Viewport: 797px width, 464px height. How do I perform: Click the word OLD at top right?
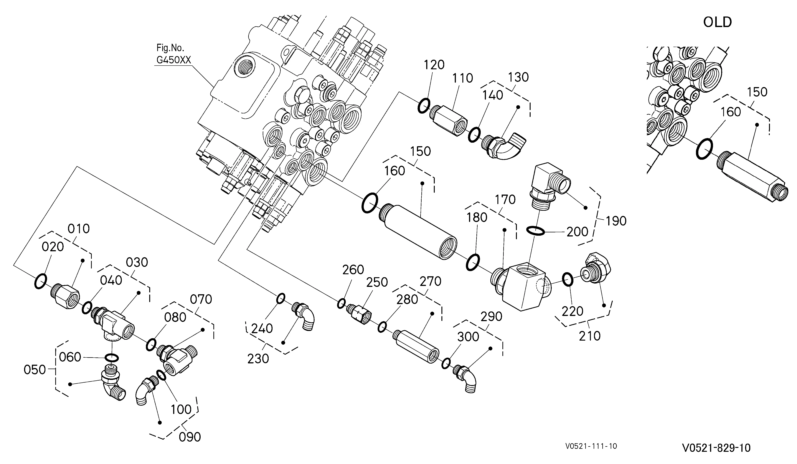pos(717,22)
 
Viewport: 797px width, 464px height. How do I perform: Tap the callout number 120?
pos(434,65)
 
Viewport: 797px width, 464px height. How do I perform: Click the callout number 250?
pos(377,282)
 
